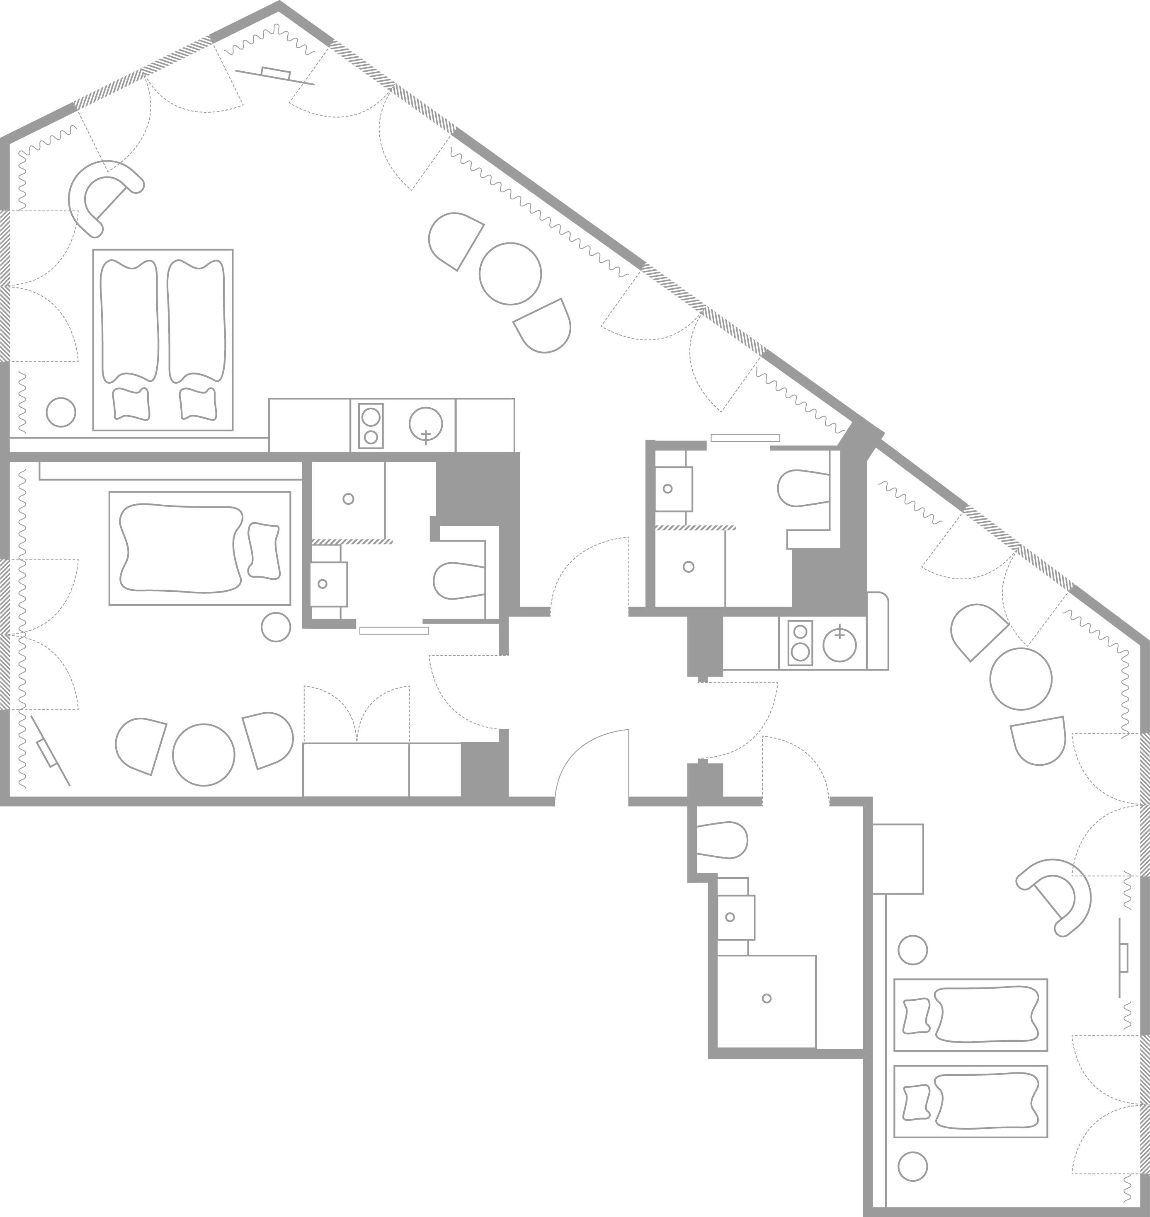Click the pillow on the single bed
tap(264, 550)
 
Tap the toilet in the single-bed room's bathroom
tap(458, 581)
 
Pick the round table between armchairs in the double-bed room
tap(510, 274)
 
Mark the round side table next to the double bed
tap(61, 412)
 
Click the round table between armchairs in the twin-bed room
tap(1021, 679)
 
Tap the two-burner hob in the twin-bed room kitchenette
tap(800, 642)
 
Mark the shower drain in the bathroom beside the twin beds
tap(766, 998)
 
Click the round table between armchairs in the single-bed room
tap(204, 755)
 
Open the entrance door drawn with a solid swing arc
tap(592, 766)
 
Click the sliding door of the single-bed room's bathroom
tap(393, 630)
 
